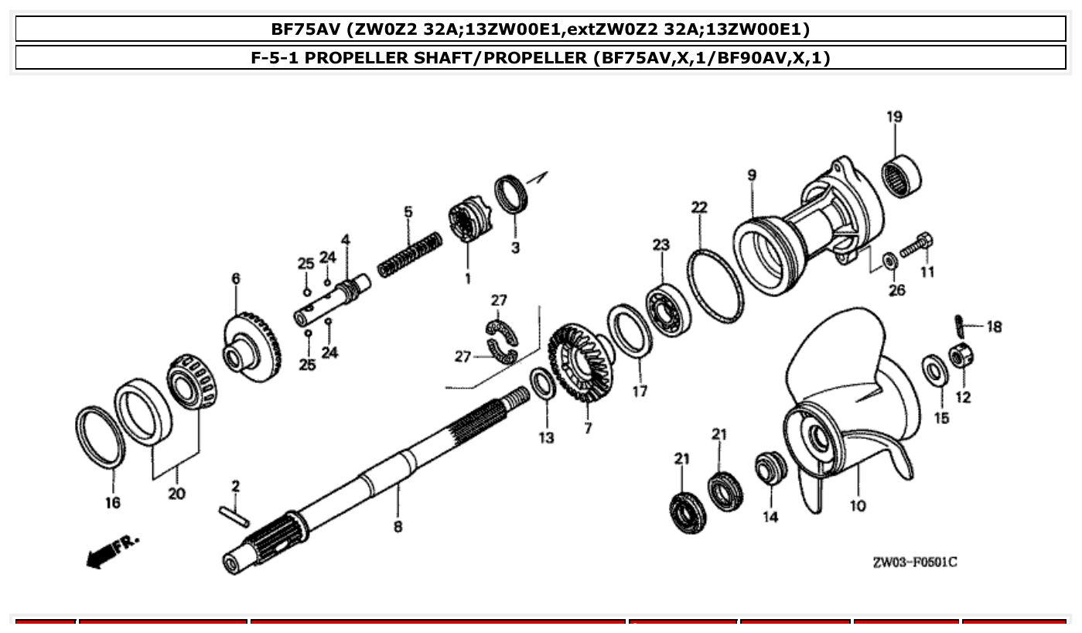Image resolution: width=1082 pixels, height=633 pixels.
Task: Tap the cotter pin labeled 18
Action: click(x=958, y=321)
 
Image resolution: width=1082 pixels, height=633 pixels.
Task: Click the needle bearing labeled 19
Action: click(x=902, y=176)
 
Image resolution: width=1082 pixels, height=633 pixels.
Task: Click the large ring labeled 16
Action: click(x=101, y=436)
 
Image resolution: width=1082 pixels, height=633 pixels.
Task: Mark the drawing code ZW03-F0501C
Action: click(x=914, y=562)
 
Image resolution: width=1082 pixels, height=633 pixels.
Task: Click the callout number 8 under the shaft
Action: click(x=398, y=527)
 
